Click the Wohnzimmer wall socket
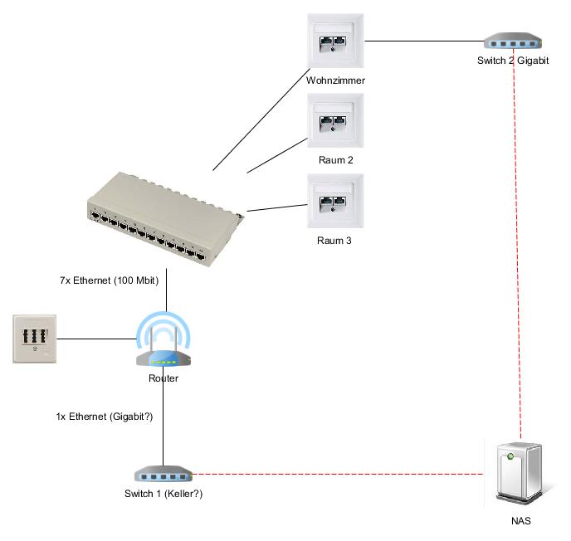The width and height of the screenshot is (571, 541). [335, 41]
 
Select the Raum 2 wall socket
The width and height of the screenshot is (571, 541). [335, 120]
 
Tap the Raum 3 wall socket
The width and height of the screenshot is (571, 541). [335, 201]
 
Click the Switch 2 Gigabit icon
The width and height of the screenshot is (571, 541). [513, 41]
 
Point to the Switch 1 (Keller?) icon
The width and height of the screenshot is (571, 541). [163, 474]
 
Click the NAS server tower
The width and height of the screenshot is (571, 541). [520, 473]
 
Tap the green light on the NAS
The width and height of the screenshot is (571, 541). [510, 456]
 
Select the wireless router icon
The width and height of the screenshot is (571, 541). [163, 339]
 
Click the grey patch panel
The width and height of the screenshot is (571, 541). [166, 219]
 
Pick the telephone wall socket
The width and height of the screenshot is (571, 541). [35, 339]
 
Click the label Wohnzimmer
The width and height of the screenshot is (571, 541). [335, 80]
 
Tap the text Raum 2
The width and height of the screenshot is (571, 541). [336, 160]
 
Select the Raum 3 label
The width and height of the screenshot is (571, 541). [334, 241]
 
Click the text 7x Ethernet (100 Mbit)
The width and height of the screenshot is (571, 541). [110, 280]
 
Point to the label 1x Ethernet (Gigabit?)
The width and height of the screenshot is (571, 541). [105, 417]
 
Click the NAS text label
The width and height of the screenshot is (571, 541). [520, 521]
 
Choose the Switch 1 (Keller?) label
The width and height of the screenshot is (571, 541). [163, 494]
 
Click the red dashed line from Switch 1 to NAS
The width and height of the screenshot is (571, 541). [338, 474]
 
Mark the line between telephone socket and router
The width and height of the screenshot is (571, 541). [96, 339]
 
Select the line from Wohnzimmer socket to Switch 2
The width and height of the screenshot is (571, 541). [424, 41]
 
